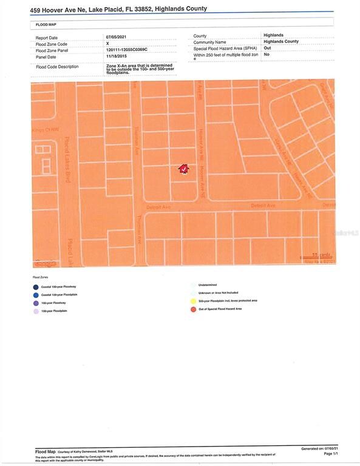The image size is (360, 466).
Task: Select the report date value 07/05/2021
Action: [116, 37]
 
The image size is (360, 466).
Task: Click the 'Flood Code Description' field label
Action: [57, 67]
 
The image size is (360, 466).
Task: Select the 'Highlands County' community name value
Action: [281, 41]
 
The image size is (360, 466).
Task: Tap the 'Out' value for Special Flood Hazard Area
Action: [267, 48]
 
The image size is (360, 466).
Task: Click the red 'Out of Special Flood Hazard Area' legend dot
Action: [192, 309]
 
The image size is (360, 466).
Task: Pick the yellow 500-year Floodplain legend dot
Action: [192, 300]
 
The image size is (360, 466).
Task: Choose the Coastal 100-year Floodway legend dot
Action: [36, 287]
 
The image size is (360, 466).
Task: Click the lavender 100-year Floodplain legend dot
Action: [36, 311]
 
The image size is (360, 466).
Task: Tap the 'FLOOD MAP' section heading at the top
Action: [41, 24]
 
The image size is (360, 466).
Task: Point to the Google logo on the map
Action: [44, 263]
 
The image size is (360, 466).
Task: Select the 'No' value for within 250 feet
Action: [267, 55]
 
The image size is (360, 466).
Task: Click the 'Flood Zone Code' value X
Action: [107, 44]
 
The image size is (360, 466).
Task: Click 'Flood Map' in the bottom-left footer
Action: [46, 452]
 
